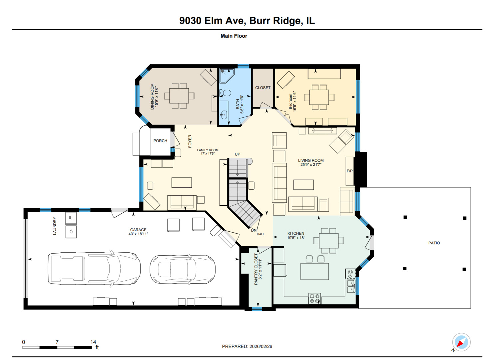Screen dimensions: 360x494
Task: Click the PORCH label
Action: point(160,141)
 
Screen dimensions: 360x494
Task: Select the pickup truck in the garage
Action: point(94,268)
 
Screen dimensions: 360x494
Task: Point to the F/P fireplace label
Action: point(349,171)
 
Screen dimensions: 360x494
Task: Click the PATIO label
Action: point(434,243)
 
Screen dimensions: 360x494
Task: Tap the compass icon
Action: point(461,342)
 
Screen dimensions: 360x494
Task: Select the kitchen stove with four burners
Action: point(314,299)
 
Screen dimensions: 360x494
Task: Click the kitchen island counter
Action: point(314,271)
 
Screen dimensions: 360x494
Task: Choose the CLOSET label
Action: point(263,88)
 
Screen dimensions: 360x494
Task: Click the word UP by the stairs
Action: point(238,154)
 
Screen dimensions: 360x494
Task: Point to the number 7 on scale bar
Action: point(57,342)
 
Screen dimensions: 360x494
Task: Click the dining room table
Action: point(179,96)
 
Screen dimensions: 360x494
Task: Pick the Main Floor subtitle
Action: point(234,36)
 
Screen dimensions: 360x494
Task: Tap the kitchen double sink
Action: point(351,286)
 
